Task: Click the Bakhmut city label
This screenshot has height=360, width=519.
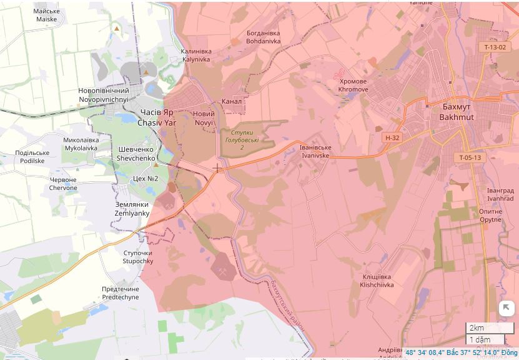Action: (x=457, y=112)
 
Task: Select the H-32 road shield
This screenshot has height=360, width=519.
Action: (x=392, y=137)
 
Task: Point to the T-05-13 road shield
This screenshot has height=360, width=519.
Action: (x=469, y=157)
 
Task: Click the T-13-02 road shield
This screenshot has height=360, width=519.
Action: (x=495, y=47)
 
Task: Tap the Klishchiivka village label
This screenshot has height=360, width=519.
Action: (x=377, y=281)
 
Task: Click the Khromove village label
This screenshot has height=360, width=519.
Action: (x=353, y=86)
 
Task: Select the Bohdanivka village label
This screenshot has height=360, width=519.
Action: (x=263, y=37)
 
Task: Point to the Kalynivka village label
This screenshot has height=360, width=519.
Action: (x=196, y=56)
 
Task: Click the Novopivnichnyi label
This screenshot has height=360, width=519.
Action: (x=104, y=95)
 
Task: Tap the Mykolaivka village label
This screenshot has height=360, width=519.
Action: (x=81, y=144)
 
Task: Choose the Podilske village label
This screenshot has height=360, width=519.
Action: (x=32, y=157)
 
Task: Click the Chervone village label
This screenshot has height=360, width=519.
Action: (x=63, y=184)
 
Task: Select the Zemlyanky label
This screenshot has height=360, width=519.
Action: (x=132, y=209)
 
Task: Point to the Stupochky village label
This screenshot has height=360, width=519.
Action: (x=137, y=257)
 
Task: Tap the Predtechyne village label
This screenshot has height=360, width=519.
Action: (x=121, y=293)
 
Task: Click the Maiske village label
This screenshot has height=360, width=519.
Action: (x=46, y=15)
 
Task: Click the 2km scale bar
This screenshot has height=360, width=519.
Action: (x=489, y=328)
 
